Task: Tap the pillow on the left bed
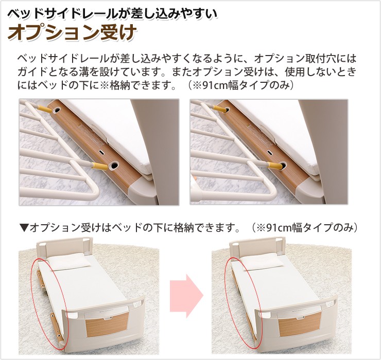68,262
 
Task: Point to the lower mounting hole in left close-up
113,166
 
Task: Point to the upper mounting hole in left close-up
57,110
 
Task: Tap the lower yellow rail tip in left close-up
99,166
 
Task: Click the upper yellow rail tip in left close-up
45,109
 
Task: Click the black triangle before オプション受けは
25,227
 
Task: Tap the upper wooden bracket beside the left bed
40,278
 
